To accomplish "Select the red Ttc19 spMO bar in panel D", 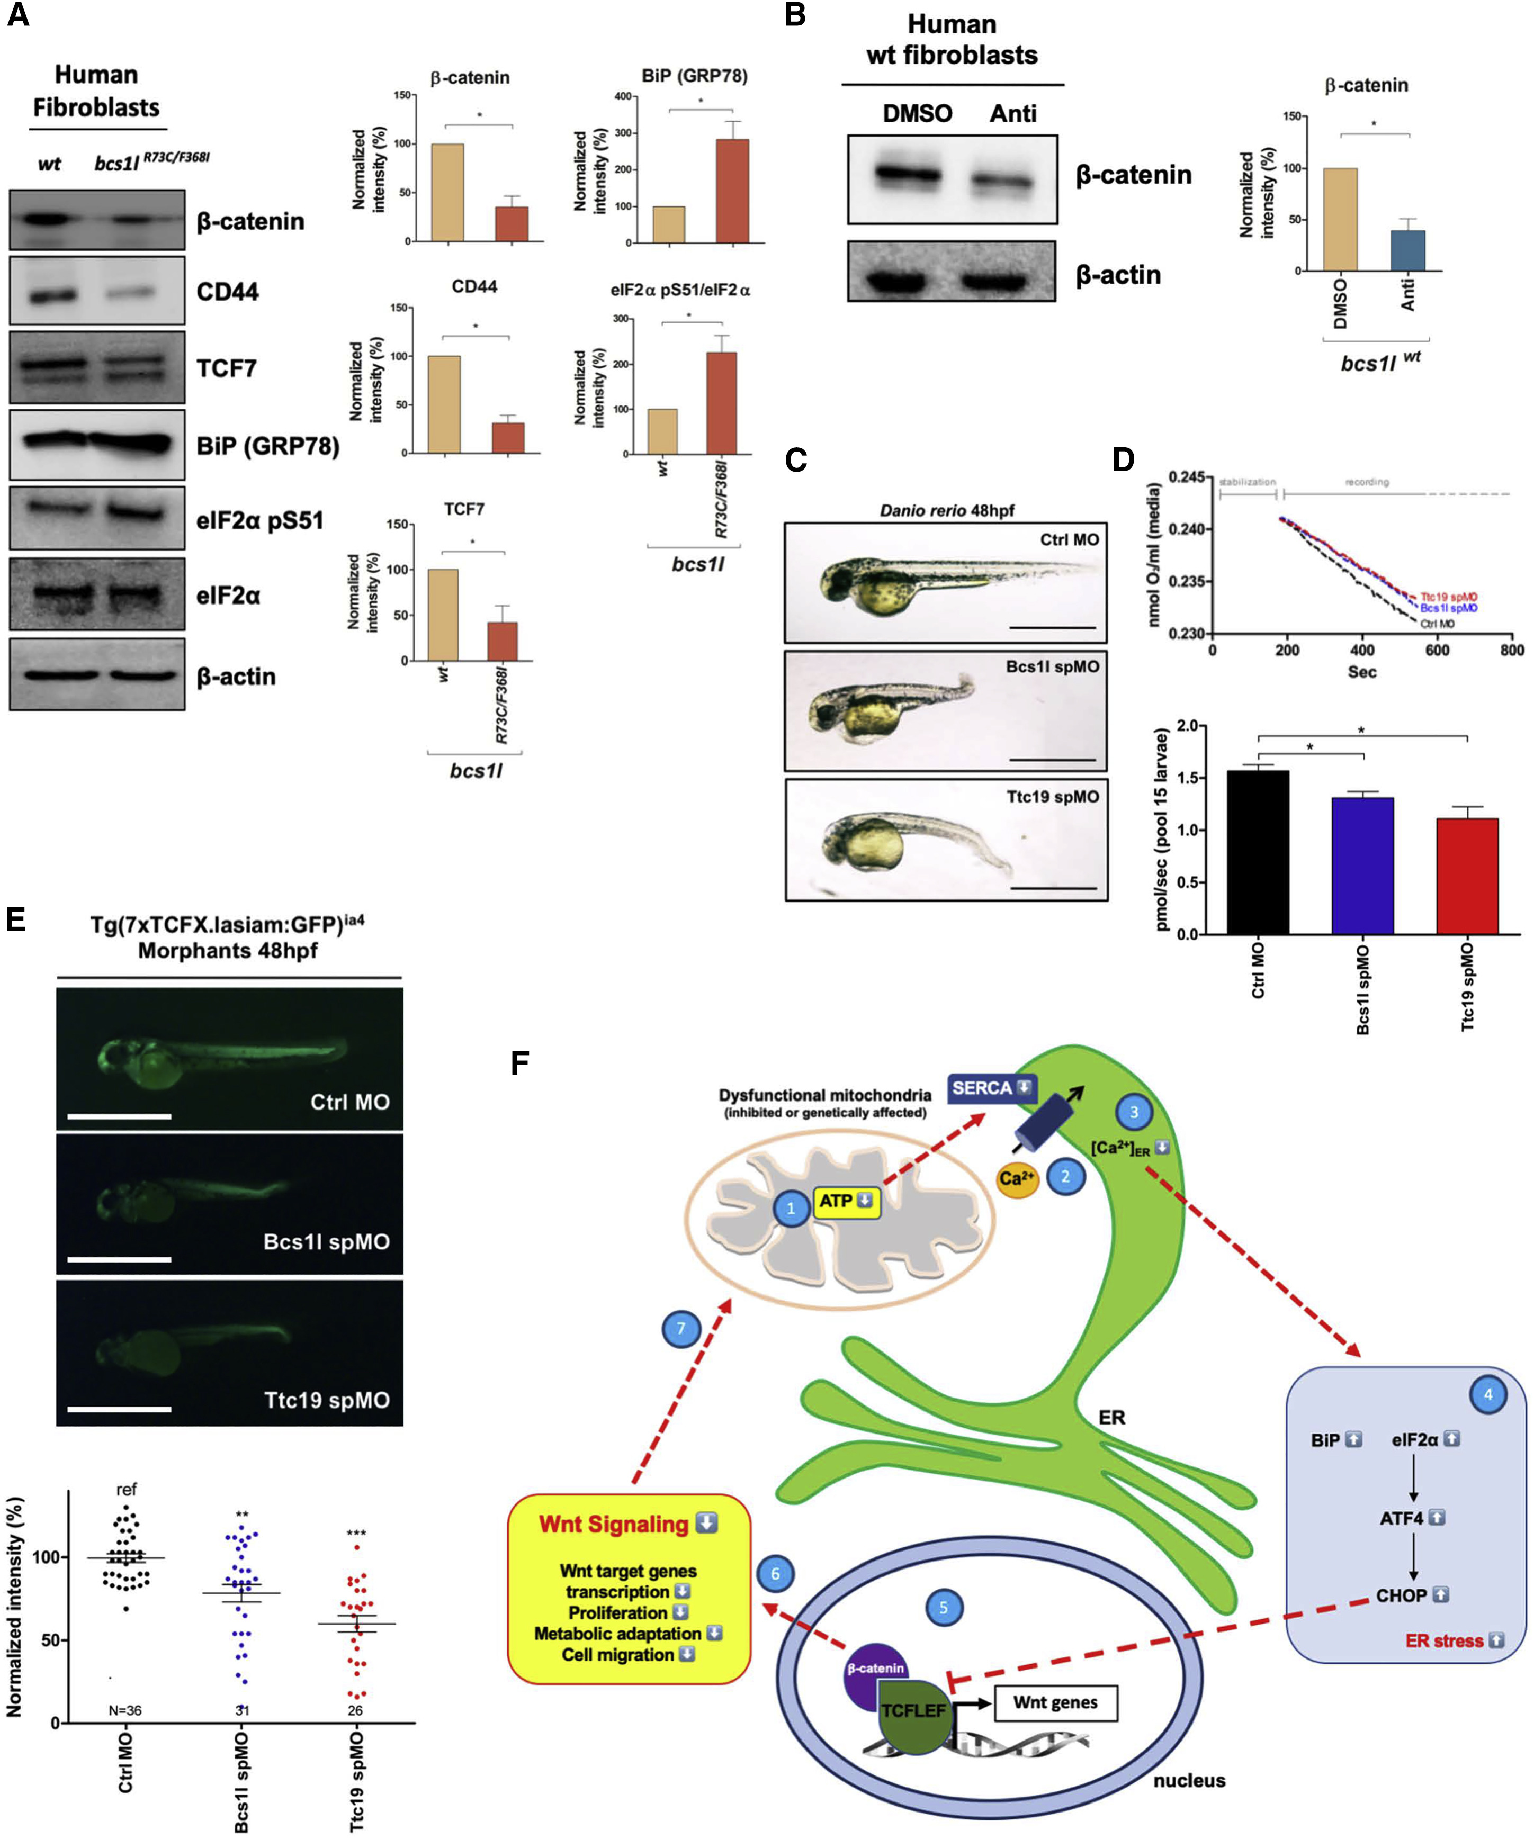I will pyautogui.click(x=1467, y=876).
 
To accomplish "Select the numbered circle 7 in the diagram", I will pyautogui.click(x=681, y=1329).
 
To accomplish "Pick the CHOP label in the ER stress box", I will pyautogui.click(x=1401, y=1595).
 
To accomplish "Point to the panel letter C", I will pyautogui.click(x=795, y=459).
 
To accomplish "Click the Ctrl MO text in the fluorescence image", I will pyautogui.click(x=349, y=1102).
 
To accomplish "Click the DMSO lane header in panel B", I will pyautogui.click(x=917, y=114).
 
